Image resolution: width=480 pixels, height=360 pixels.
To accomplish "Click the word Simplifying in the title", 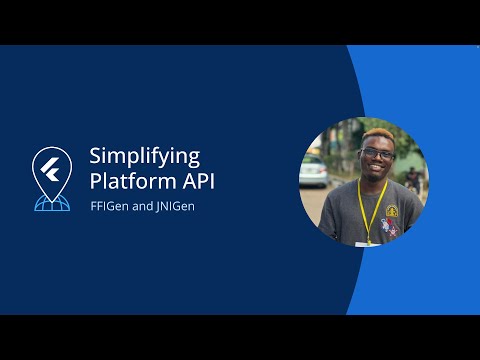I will tap(145, 157).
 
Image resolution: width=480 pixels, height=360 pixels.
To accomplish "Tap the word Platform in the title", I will tap(129, 182).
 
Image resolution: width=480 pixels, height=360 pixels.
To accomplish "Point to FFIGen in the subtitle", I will tap(108, 207).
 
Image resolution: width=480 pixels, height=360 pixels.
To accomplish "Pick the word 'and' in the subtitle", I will tap(141, 207).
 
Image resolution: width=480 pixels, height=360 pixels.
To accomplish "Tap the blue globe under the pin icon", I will tap(51, 202).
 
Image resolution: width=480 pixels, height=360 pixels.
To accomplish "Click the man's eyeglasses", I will tap(376, 154).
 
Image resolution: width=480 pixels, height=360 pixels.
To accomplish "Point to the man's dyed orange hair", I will tap(377, 137).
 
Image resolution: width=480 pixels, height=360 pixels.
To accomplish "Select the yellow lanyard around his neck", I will tap(372, 205).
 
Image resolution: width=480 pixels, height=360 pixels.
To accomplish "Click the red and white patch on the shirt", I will tap(390, 229).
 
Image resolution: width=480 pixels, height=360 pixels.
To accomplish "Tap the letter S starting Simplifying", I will tap(96, 157).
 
